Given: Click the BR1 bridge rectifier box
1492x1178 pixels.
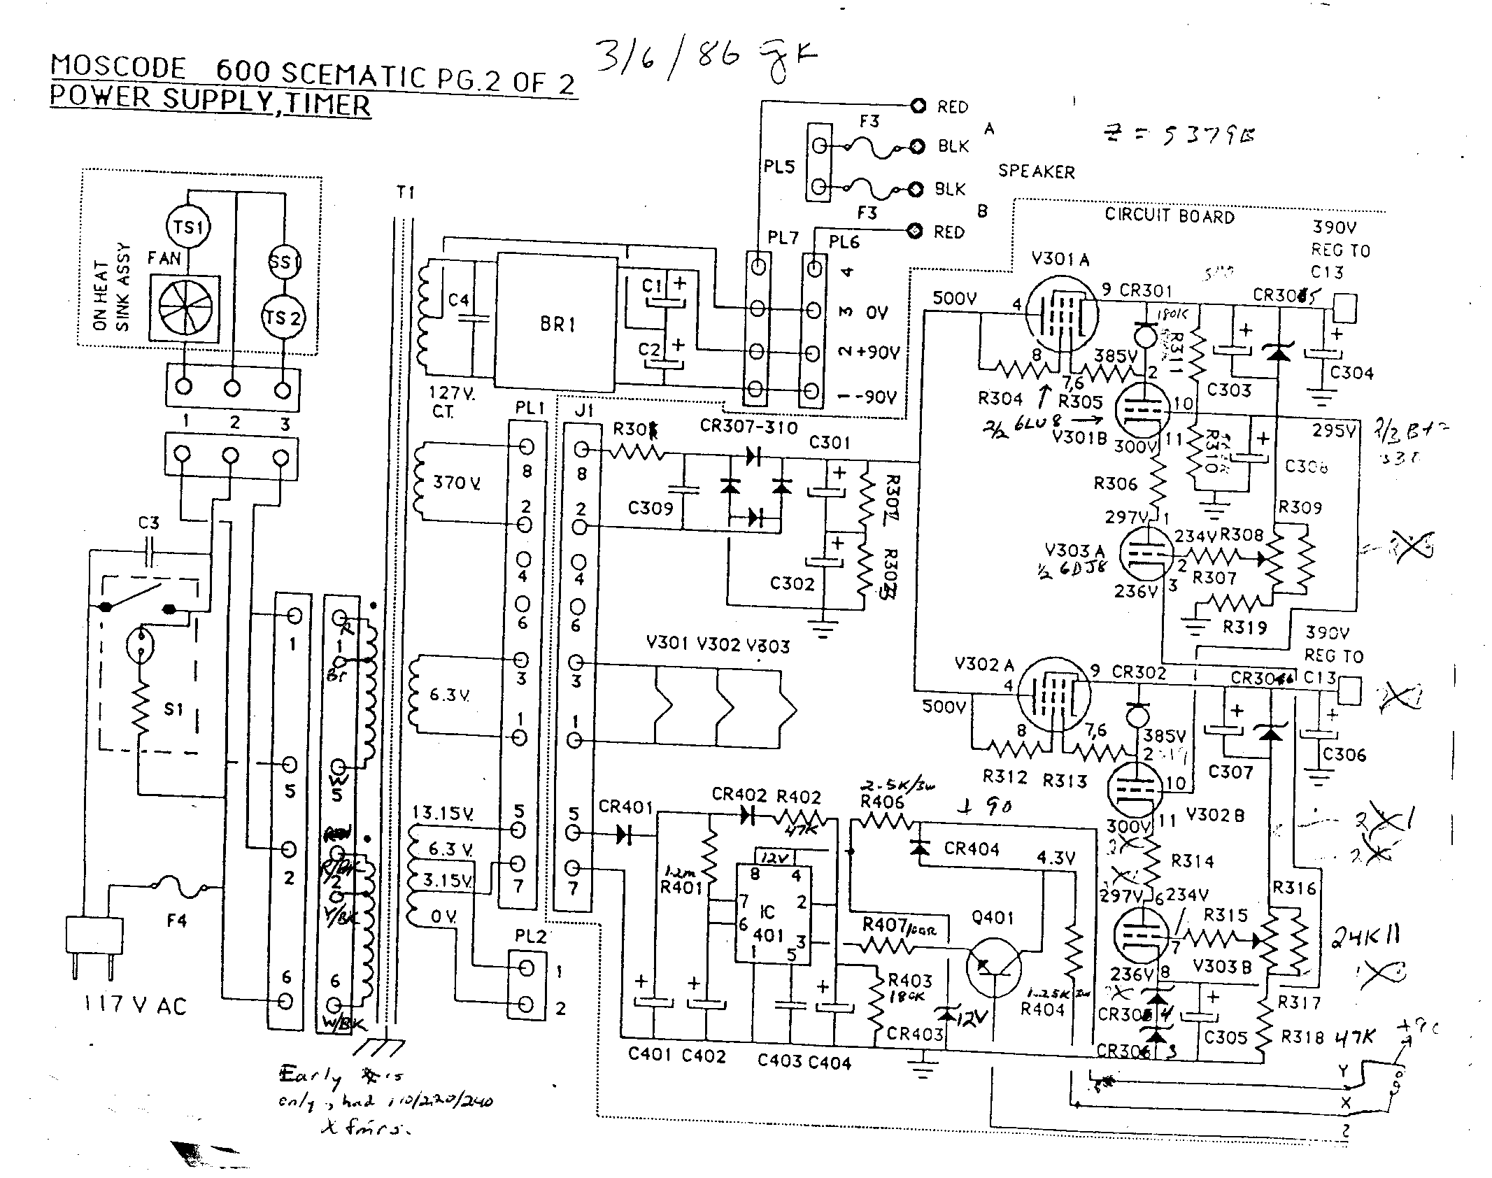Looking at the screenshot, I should click(x=557, y=323).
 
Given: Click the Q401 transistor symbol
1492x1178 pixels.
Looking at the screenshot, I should click(x=993, y=966).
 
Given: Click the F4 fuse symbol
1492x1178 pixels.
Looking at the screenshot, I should click(x=178, y=888).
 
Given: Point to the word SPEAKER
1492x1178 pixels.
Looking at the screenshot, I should click(x=1036, y=171).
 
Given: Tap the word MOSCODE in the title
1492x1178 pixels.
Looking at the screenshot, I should click(x=118, y=68).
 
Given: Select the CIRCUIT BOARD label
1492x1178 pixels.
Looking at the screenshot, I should click(x=1169, y=215).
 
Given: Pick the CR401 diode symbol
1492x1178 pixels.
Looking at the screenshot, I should click(x=625, y=834).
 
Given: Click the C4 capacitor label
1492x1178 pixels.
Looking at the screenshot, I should click(x=458, y=300).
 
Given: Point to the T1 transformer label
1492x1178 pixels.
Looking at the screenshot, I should click(x=405, y=192).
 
